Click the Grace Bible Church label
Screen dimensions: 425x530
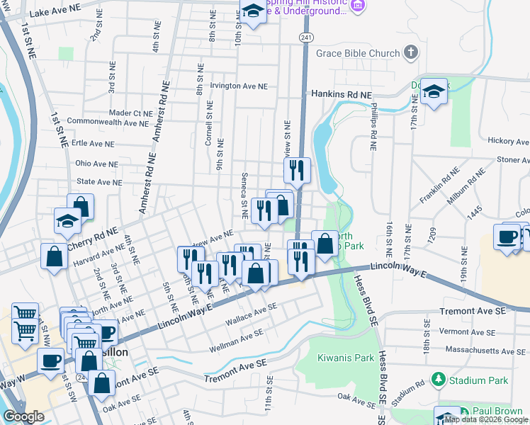[359, 53]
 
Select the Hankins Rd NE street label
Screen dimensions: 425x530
[342, 94]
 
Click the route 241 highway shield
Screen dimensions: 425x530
[305, 37]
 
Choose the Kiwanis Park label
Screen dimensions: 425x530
[345, 358]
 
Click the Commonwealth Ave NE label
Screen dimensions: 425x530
[103, 123]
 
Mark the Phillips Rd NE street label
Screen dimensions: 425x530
[374, 127]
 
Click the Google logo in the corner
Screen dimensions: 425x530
[23, 416]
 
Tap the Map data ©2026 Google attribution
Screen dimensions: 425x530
[486, 420]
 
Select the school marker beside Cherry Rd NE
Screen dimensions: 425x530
[67, 222]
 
